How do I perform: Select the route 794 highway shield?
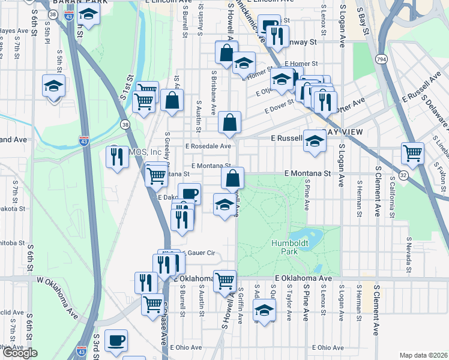381,59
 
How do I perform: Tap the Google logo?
20,353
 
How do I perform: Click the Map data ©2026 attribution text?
424,355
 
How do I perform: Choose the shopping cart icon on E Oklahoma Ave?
224,280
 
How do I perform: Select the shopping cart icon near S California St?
412,153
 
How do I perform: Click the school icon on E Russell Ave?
314,141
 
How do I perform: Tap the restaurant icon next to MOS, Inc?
116,157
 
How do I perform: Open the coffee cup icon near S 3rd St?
116,341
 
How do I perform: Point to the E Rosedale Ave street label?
208,146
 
